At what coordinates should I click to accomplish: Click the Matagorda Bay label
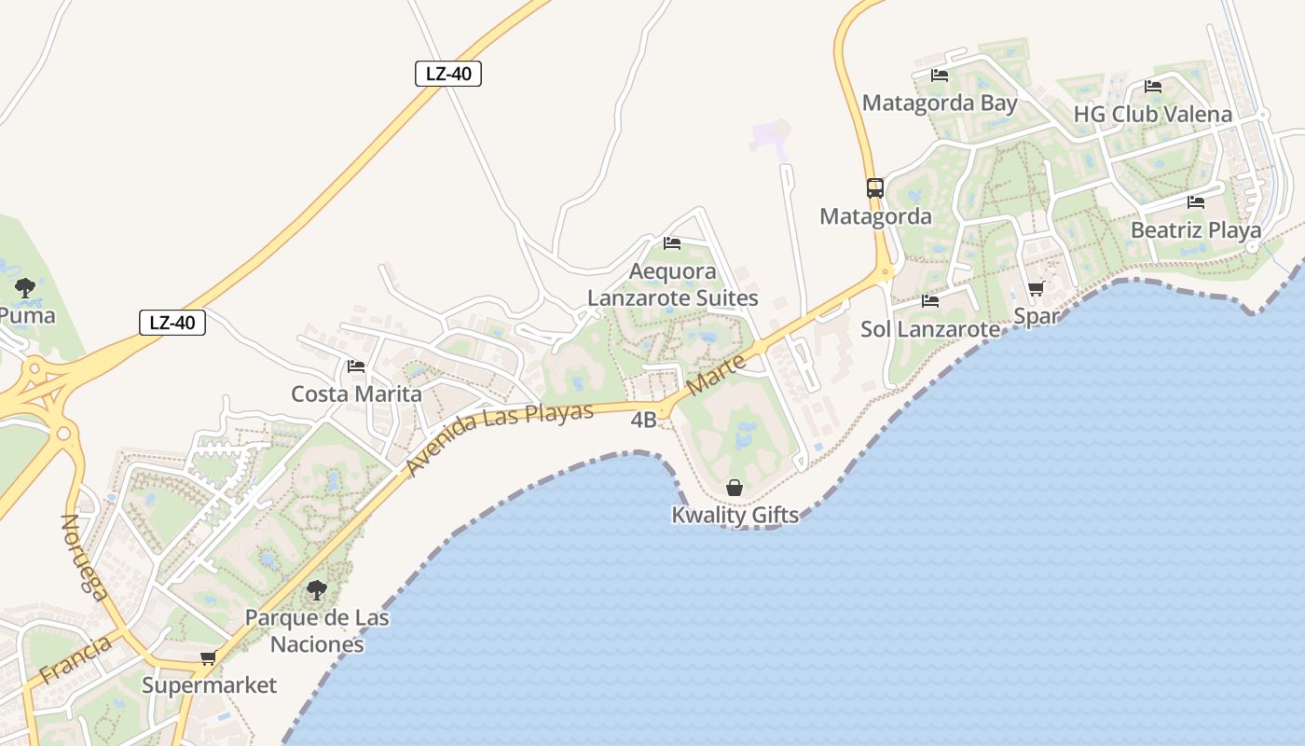(940, 103)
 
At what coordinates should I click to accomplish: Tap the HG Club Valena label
(1152, 114)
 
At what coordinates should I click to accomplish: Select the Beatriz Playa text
(1195, 229)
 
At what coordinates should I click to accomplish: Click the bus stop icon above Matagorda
(874, 187)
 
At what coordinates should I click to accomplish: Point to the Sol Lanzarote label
(929, 329)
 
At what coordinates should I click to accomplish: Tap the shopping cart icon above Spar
(1036, 289)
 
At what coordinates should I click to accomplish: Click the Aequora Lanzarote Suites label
(672, 284)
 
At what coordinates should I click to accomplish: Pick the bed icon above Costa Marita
(355, 366)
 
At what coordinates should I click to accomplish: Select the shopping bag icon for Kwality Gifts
(735, 488)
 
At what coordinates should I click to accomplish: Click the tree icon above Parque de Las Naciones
(317, 589)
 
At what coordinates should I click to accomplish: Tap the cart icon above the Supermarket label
(208, 658)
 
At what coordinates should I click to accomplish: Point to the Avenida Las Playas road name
(501, 438)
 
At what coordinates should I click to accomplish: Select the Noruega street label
(83, 557)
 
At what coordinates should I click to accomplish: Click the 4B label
(643, 421)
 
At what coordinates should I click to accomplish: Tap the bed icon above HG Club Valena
(1153, 87)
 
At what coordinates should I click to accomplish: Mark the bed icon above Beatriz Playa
(1196, 202)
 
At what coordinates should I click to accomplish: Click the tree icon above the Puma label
(25, 286)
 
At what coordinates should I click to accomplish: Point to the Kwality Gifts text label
(735, 515)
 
